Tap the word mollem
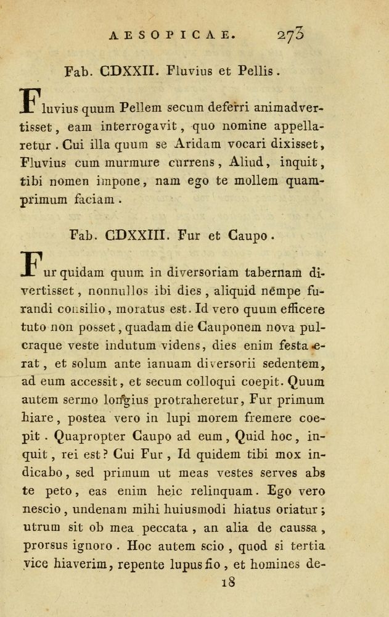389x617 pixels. [x=252, y=181]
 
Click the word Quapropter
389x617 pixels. [x=90, y=437]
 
